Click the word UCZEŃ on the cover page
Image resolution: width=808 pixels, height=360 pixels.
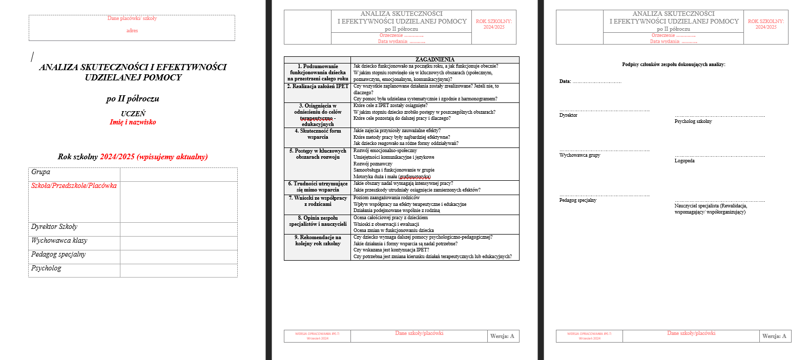(133, 114)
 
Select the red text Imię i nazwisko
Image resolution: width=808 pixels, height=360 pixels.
(133, 122)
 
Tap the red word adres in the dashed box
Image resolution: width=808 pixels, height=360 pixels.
(132, 31)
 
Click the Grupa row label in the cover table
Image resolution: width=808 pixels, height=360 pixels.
(41, 172)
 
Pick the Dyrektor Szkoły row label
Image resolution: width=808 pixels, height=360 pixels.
(54, 227)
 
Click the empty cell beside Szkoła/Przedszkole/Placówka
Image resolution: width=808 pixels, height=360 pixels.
(178, 202)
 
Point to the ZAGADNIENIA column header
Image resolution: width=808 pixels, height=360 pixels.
(434, 60)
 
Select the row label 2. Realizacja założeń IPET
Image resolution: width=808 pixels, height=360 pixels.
(318, 87)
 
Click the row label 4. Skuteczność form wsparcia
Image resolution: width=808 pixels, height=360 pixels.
(318, 134)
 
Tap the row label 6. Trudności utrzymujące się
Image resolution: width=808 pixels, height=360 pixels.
(318, 186)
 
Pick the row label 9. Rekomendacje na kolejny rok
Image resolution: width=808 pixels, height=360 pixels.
(318, 240)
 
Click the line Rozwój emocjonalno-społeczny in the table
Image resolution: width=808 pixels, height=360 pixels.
(385, 151)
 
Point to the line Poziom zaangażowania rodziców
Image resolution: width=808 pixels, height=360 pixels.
(386, 198)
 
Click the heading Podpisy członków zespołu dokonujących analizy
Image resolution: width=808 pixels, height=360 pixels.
(673, 65)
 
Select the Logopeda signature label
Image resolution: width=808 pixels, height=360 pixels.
(685, 161)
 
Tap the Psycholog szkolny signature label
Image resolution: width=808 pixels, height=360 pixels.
(693, 121)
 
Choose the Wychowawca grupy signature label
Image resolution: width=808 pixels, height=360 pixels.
(579, 155)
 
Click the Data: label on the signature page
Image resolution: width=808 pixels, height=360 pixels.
(565, 81)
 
